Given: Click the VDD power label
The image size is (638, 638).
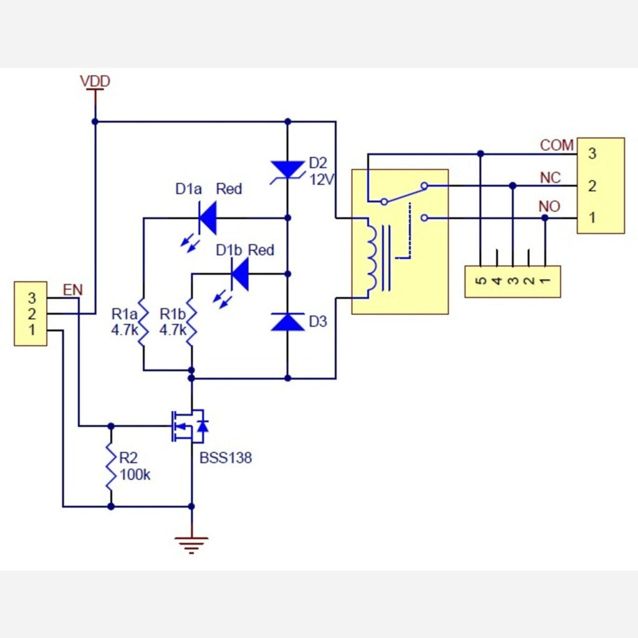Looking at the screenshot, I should pyautogui.click(x=95, y=81).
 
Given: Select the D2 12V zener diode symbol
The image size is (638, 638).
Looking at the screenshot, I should pyautogui.click(x=287, y=171).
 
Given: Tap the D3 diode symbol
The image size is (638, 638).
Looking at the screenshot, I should pyautogui.click(x=287, y=321).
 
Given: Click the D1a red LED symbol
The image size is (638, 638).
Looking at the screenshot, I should pyautogui.click(x=207, y=218).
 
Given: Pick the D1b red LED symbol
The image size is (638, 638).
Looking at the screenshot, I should pyautogui.click(x=240, y=274).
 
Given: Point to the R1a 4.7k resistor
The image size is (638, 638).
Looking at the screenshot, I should pyautogui.click(x=143, y=322).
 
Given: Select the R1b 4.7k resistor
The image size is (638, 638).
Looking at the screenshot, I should pyautogui.click(x=191, y=322).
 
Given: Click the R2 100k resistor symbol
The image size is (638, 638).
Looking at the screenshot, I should pyautogui.click(x=111, y=466).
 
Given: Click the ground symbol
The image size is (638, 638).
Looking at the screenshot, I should pyautogui.click(x=191, y=544).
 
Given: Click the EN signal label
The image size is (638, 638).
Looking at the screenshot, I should pyautogui.click(x=73, y=290).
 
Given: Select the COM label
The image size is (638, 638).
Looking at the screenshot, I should pyautogui.click(x=557, y=145).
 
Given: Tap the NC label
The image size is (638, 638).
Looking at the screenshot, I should pyautogui.click(x=550, y=178).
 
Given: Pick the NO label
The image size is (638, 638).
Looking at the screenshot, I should pyautogui.click(x=549, y=207).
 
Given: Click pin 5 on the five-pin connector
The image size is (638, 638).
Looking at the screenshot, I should pyautogui.click(x=481, y=281).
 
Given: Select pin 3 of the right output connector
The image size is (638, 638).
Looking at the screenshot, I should pyautogui.click(x=592, y=153).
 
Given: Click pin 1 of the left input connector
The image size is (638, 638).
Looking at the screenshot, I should pyautogui.click(x=32, y=330).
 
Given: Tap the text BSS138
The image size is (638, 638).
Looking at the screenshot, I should pyautogui.click(x=225, y=458).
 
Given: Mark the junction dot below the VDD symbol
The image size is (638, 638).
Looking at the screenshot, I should pyautogui.click(x=95, y=121).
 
